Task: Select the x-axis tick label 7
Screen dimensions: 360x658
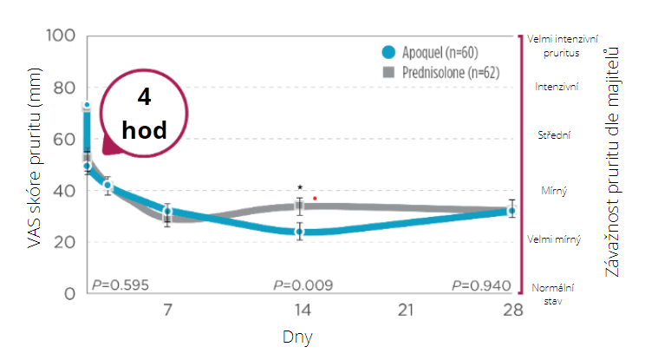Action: [167, 310]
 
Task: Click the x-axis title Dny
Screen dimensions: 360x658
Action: [297, 335]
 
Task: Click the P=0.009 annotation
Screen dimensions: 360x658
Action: [303, 285]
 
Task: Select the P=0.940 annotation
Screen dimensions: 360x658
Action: [482, 285]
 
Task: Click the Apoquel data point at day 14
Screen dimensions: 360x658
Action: [300, 232]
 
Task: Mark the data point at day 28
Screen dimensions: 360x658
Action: [512, 211]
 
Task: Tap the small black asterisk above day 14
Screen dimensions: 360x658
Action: [300, 187]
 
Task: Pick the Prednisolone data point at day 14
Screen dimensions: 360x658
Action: [300, 206]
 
